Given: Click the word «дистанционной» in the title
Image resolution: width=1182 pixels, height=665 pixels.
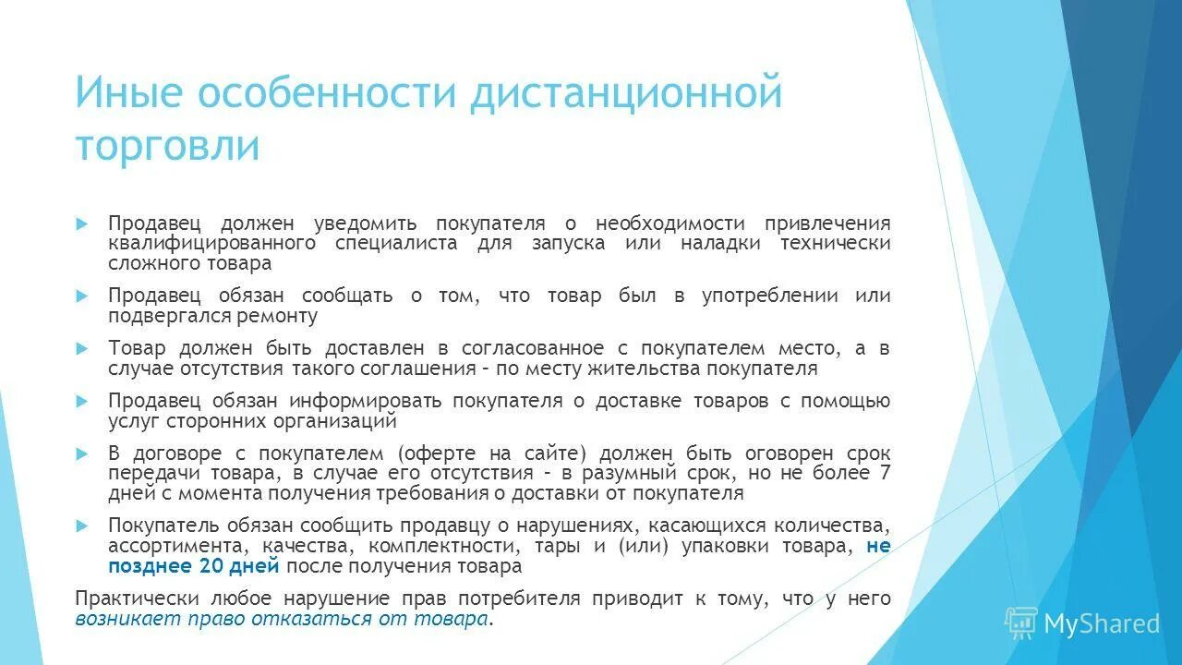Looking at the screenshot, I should [627, 95].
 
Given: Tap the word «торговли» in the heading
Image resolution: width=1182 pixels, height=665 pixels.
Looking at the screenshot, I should [167, 146].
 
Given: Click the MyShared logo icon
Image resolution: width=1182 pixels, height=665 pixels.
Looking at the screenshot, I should [1021, 623].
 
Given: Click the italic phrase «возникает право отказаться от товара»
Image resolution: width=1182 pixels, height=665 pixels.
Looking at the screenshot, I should [281, 619].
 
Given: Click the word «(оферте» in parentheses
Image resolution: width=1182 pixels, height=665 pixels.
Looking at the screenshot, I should [438, 453].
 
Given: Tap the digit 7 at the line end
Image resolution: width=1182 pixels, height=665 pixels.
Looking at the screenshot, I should [886, 473].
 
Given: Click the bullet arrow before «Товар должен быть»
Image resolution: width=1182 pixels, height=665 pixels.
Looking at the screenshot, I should [81, 348].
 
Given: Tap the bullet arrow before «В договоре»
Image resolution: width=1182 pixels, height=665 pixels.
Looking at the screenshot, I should [81, 453].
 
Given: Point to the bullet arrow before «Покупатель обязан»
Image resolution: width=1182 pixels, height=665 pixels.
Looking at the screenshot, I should [81, 526].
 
